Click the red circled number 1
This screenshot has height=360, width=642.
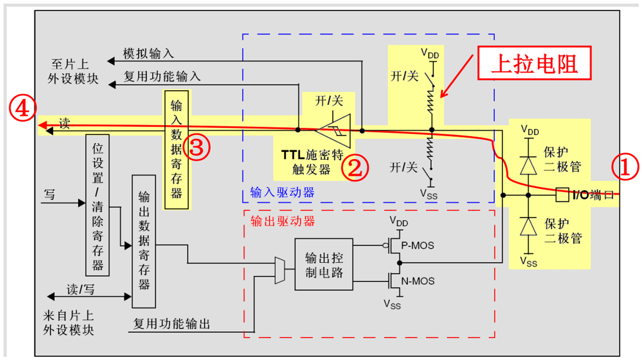624,168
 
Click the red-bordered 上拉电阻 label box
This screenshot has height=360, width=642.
534,63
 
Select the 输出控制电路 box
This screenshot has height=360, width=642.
324,265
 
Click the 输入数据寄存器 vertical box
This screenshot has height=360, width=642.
177,150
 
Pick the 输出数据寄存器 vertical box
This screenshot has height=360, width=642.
144,241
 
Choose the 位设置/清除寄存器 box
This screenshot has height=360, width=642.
97,206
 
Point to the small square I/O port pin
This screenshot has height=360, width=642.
563,195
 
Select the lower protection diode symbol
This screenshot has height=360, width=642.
528,226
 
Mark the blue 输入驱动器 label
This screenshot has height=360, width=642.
282,193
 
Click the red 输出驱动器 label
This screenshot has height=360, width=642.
282,221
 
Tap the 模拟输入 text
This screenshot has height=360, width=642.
148,54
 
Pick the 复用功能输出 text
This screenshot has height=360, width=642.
171,324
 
